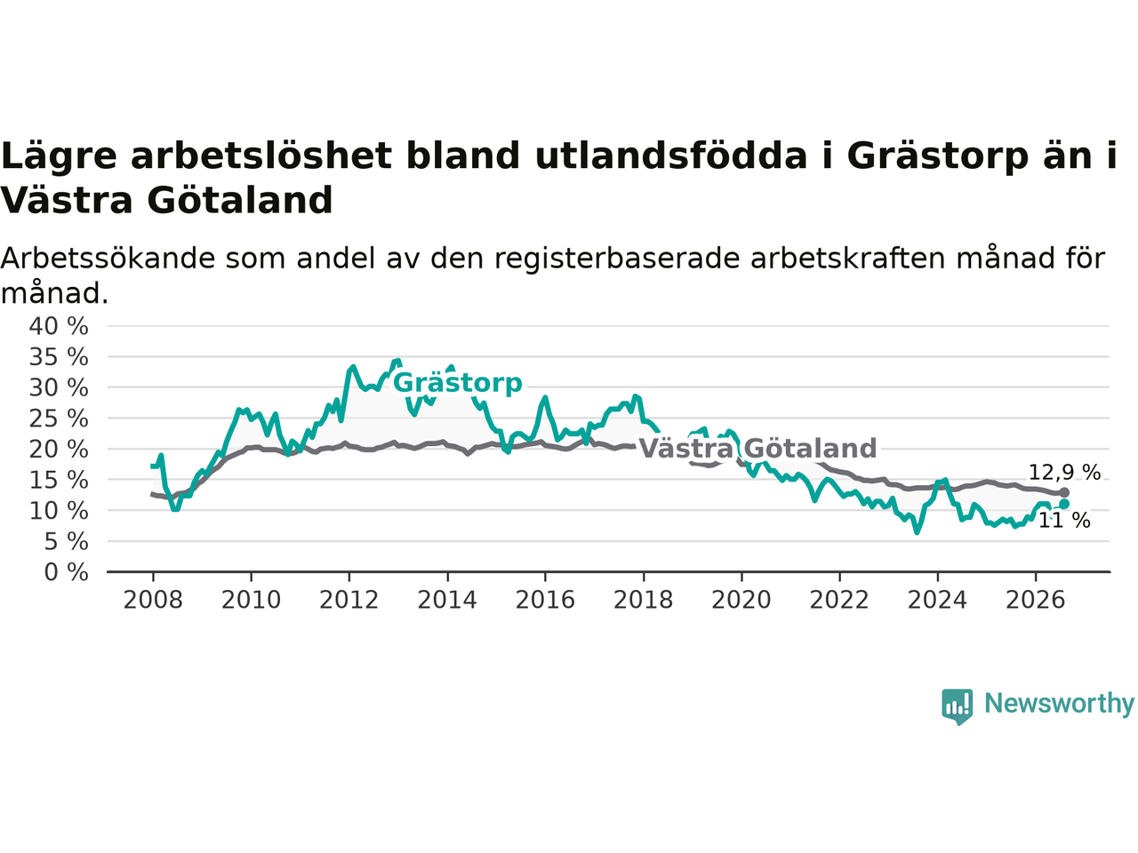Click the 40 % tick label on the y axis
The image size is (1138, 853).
point(59,326)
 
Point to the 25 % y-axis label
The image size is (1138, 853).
point(59,419)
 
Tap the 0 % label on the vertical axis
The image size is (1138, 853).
point(67,572)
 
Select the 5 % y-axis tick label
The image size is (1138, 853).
point(67,542)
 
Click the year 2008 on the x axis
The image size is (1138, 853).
point(153,601)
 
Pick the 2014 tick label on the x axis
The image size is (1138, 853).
point(447,601)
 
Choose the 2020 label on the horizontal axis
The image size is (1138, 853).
point(741,601)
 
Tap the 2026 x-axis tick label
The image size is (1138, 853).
point(1036,601)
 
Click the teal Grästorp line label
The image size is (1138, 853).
point(457,384)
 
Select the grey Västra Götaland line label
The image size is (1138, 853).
point(757,448)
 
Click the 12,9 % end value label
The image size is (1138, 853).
point(1064,473)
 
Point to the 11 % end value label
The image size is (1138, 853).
point(1064,521)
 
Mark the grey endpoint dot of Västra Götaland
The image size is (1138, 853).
point(1064,492)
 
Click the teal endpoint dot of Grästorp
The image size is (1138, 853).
point(1064,504)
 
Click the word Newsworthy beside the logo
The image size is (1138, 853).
point(1060,704)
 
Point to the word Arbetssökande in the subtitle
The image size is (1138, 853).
point(108,258)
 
